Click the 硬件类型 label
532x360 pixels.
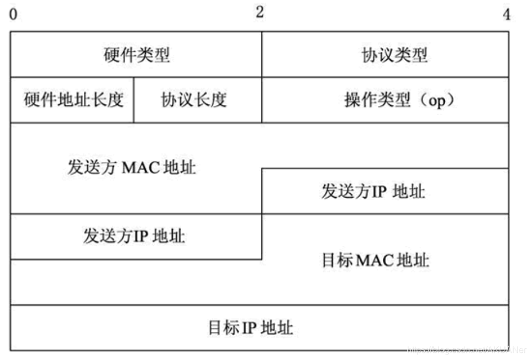click(136, 55)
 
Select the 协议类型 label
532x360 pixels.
click(394, 55)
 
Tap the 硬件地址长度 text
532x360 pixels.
click(73, 100)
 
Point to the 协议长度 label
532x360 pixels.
click(194, 100)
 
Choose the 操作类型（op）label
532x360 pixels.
click(394, 100)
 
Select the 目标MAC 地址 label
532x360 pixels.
click(375, 260)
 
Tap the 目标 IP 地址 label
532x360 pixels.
click(250, 328)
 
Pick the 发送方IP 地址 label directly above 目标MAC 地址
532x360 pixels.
click(373, 192)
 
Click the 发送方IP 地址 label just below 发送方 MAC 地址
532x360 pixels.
click(134, 236)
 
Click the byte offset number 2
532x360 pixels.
click(259, 13)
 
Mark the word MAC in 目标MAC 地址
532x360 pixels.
click(375, 260)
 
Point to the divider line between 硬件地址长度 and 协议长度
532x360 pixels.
click(134, 100)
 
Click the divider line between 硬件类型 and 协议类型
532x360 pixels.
click(262, 55)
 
